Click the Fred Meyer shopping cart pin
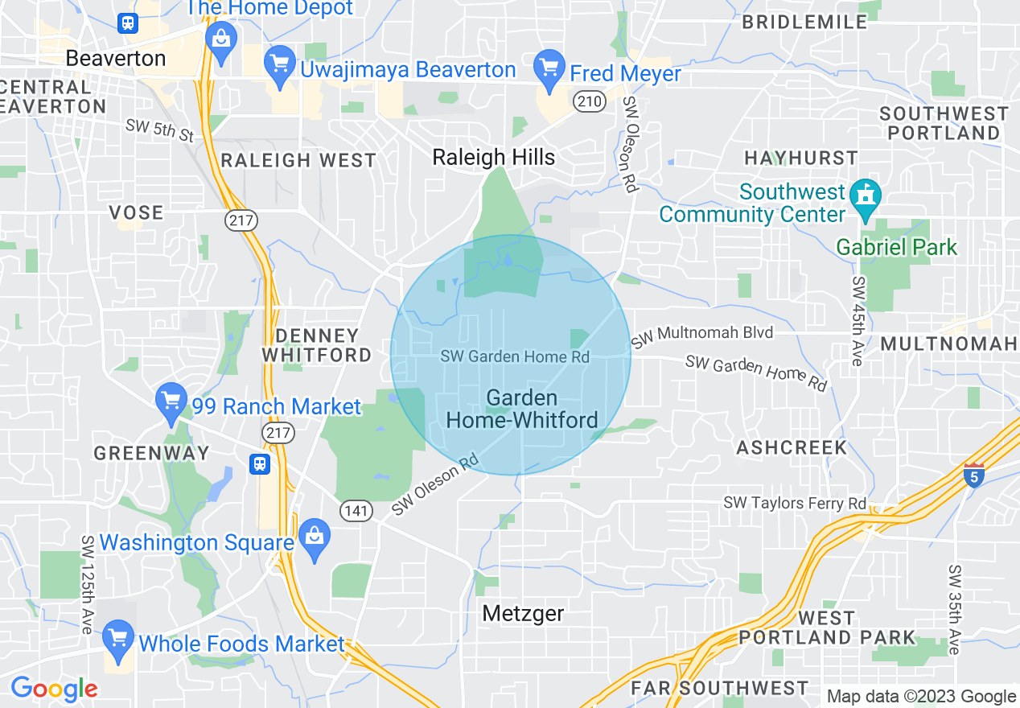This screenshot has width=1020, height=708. (550, 68)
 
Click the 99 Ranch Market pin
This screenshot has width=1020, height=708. (171, 401)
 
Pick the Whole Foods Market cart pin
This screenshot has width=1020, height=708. (118, 639)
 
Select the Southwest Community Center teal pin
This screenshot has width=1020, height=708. (866, 198)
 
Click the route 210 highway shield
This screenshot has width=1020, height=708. (590, 101)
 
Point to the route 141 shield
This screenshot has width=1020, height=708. (355, 510)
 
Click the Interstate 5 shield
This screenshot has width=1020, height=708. (973, 475)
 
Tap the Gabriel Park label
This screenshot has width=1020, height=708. (897, 246)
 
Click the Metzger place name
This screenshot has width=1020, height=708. (523, 614)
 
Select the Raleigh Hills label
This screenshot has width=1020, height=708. (494, 157)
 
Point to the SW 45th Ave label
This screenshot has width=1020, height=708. (858, 321)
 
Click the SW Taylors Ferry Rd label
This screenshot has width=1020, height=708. (795, 503)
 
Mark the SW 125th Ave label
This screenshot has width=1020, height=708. (87, 583)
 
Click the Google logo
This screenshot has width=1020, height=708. (53, 689)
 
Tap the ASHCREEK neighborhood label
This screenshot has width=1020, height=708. (792, 447)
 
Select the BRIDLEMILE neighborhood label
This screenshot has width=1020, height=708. (804, 22)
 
